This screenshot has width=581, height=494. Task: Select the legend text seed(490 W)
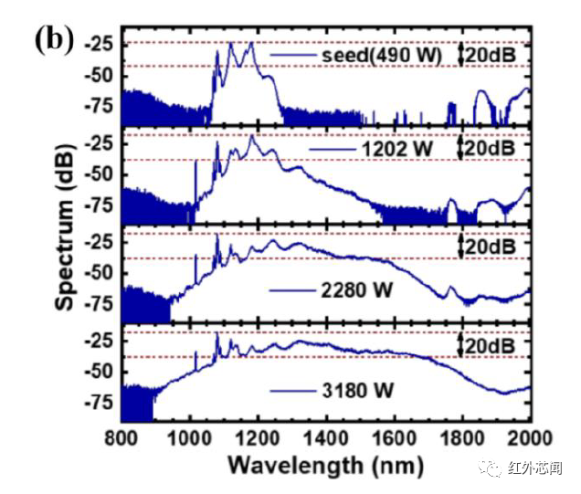[382, 57]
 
